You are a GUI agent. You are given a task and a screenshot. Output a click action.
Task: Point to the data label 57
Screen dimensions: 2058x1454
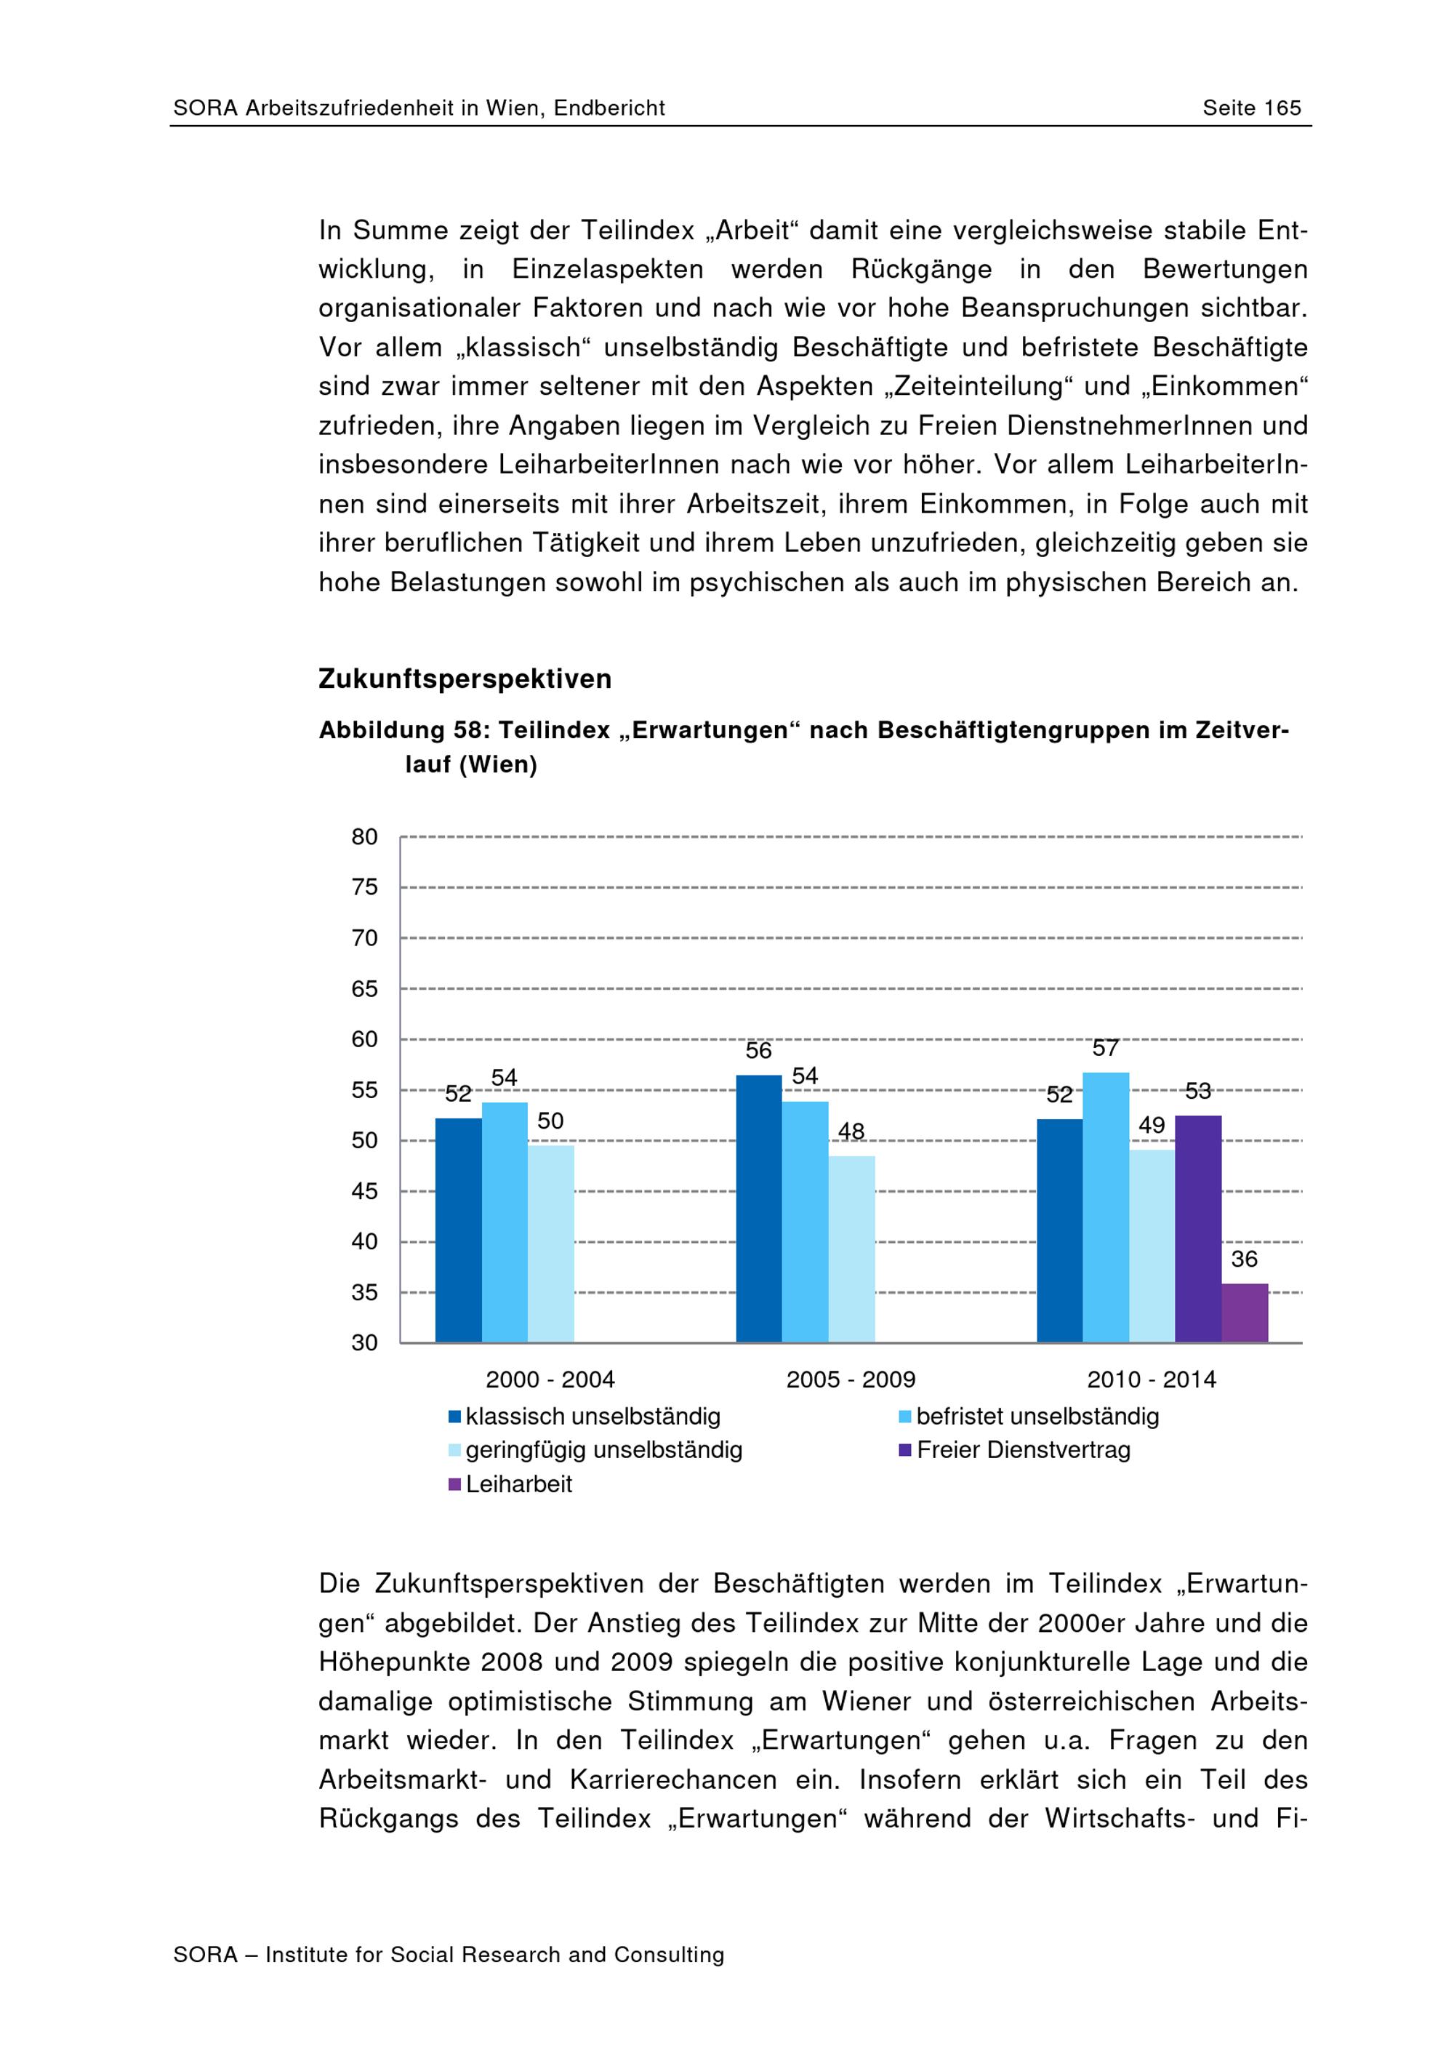[x=1106, y=1048]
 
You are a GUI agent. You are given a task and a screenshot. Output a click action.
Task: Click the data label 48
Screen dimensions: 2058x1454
[x=851, y=1132]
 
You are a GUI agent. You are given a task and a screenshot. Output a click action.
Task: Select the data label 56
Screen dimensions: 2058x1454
[x=759, y=1051]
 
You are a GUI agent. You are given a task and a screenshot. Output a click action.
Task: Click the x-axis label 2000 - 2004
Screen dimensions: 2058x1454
[x=550, y=1380]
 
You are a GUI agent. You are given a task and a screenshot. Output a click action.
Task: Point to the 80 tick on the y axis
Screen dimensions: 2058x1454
[x=365, y=837]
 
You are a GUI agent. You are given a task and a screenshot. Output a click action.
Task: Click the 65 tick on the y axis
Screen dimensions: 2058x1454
[x=365, y=989]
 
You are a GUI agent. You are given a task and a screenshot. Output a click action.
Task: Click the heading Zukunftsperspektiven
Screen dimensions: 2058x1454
[x=465, y=679]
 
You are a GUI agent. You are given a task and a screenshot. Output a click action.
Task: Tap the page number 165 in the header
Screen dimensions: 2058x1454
[x=1282, y=108]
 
